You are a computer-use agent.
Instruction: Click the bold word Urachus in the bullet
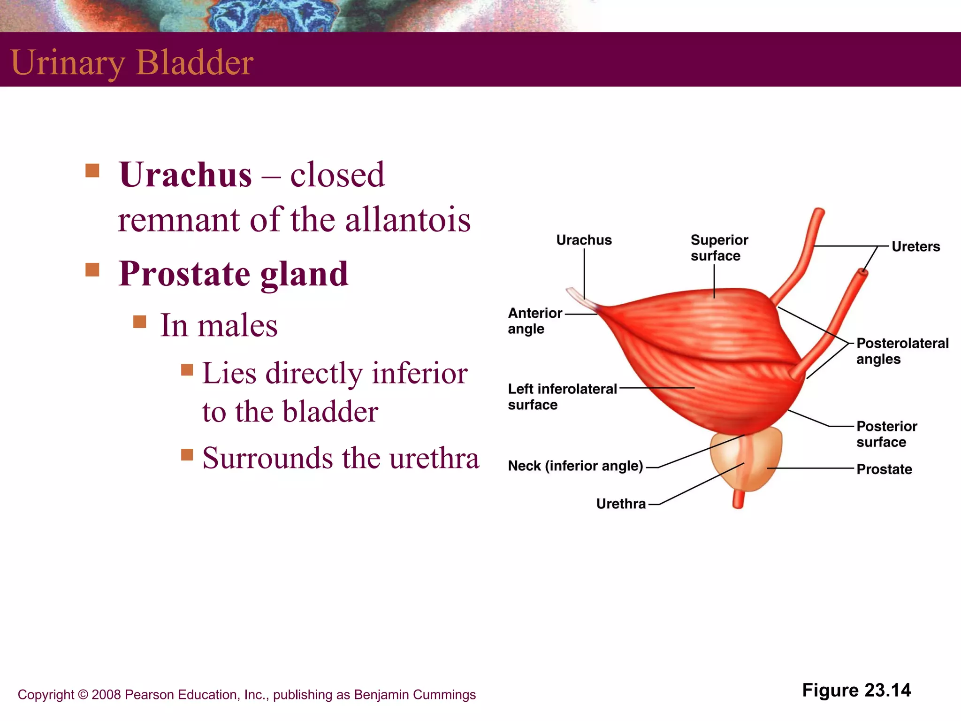coord(185,175)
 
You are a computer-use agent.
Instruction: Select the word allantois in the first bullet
coord(408,220)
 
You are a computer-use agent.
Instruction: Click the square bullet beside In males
coord(139,322)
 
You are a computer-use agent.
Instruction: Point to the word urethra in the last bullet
coord(434,458)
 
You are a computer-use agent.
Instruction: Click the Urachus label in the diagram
coord(584,240)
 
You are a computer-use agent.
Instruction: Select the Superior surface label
coord(718,248)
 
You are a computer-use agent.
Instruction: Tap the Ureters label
coord(915,246)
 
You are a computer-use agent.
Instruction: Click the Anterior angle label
coord(534,321)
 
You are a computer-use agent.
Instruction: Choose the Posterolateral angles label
coord(901,351)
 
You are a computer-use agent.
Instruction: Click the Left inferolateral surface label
coord(562,397)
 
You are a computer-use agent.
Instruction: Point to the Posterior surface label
coord(886,434)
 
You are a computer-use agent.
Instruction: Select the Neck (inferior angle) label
coord(575,466)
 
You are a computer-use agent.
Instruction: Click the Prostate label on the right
coord(884,469)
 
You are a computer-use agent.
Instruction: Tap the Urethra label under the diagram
coord(621,504)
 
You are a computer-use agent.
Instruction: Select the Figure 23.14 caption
coord(856,690)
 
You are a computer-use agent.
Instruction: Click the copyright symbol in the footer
coord(83,695)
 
